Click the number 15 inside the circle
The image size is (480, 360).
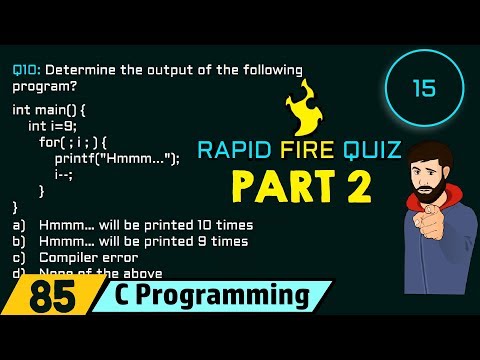pos(423,89)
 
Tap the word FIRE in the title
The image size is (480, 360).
pos(300,151)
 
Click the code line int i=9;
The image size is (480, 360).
pos(53,126)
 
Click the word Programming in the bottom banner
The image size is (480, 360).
pos(231,297)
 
